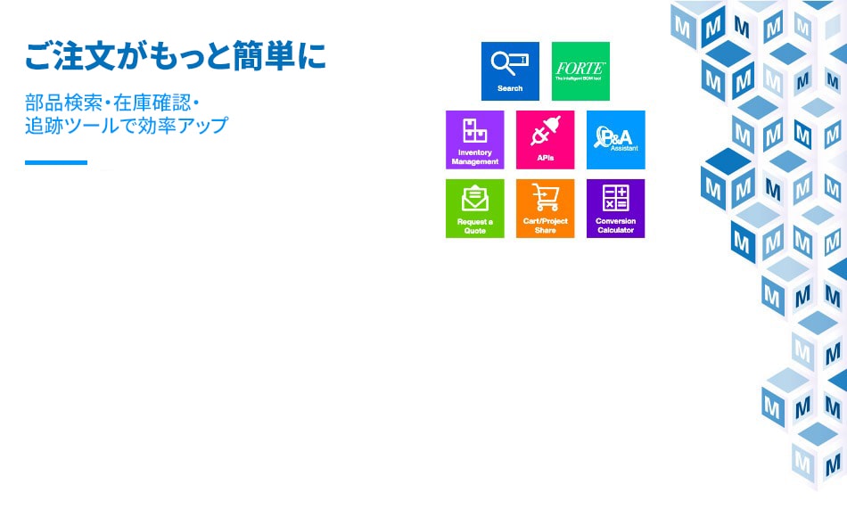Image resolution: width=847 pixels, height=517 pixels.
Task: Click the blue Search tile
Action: point(510,71)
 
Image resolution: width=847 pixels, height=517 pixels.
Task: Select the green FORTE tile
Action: point(580,71)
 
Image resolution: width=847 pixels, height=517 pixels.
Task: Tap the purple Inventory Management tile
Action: point(474,140)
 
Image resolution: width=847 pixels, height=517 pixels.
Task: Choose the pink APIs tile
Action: point(545,140)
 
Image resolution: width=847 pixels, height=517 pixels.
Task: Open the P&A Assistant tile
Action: point(615,140)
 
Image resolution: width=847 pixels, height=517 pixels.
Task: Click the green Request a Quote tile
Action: point(474,209)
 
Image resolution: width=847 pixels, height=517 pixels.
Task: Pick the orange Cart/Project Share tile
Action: point(545,209)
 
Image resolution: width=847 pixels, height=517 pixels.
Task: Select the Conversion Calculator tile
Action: point(615,209)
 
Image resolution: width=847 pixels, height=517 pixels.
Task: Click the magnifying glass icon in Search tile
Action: point(505,63)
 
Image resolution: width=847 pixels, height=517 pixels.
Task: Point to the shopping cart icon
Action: point(545,197)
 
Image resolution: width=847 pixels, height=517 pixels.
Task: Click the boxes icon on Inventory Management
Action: point(474,130)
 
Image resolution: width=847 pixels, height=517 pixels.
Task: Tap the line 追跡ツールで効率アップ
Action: point(127,125)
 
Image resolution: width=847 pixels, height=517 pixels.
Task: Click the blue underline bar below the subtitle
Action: point(56,162)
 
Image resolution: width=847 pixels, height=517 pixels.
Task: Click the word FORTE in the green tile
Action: point(580,68)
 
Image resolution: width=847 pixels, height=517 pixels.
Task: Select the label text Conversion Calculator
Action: point(615,226)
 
